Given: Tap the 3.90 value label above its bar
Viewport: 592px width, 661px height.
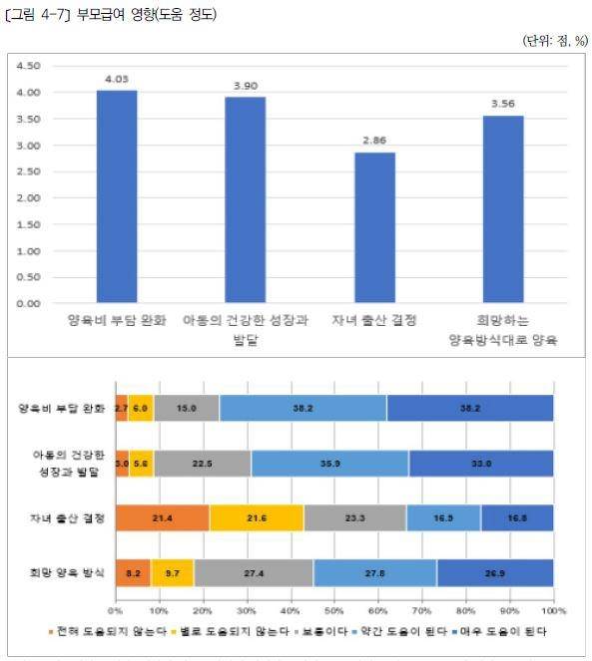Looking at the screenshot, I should coord(245,87).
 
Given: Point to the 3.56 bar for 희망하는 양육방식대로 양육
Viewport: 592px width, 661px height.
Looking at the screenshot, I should coord(502,208).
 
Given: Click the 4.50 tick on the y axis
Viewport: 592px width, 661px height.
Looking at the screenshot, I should coord(29,66).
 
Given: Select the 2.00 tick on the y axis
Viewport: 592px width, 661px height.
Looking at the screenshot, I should coord(29,197).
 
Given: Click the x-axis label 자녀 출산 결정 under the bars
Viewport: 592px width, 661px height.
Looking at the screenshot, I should coord(374,321).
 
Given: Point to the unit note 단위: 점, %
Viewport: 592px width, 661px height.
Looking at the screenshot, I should coord(551,40).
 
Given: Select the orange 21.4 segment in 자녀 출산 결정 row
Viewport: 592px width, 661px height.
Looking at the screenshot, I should coord(162,516).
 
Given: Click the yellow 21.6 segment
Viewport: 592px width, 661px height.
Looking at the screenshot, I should coord(257,516).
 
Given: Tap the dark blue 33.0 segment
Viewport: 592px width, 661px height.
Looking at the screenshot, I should coord(480,463).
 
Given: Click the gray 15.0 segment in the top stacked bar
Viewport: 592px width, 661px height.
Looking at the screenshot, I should coord(187,408).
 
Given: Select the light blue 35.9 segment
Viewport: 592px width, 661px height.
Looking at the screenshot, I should coord(329,463).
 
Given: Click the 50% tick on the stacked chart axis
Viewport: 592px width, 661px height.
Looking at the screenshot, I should coord(334,609).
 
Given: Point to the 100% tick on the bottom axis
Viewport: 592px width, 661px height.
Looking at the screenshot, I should coord(553,609).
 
